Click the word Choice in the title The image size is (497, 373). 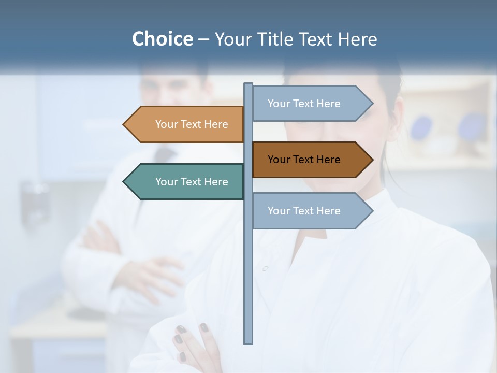162,39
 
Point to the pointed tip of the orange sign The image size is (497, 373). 124,124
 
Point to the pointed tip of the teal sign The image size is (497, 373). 124,182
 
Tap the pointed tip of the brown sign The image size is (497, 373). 372,160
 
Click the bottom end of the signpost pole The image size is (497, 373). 248,342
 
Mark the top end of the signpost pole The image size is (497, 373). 248,84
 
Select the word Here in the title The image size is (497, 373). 357,39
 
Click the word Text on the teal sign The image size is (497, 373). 192,182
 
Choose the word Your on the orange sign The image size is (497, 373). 166,124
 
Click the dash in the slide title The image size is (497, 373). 203,39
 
